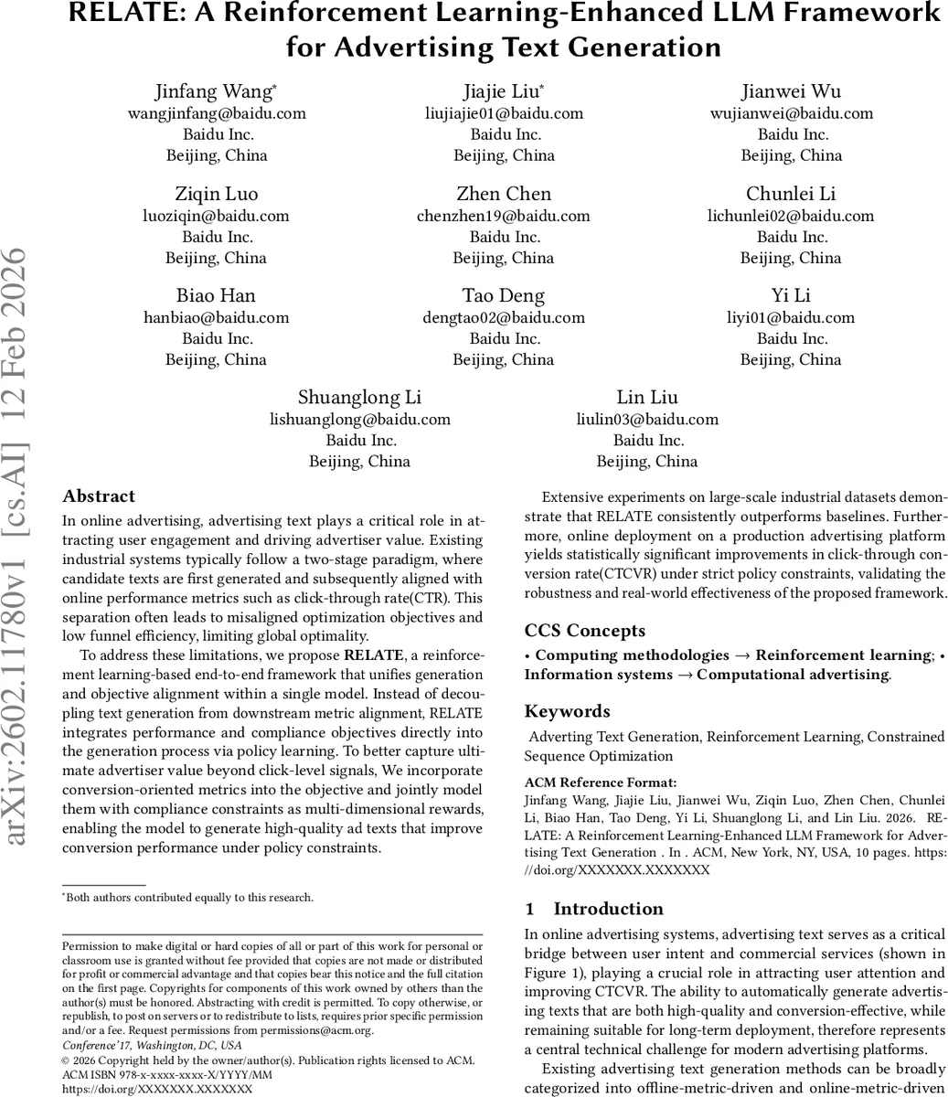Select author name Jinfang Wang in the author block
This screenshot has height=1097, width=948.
tap(216, 91)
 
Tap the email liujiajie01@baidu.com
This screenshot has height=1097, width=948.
tap(504, 113)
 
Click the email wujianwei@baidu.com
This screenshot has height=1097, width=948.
tap(792, 113)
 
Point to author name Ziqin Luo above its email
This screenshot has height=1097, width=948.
tap(217, 194)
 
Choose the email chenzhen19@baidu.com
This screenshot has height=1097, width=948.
tap(504, 216)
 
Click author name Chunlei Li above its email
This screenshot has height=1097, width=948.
tap(791, 194)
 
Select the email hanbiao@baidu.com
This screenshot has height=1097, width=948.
tap(217, 317)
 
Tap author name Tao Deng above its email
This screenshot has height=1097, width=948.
tap(504, 295)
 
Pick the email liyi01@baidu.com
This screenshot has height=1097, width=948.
tap(791, 317)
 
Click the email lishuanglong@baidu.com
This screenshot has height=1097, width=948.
tap(360, 420)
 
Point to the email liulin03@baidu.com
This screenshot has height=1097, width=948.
tap(647, 420)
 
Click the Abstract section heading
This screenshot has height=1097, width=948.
tap(99, 496)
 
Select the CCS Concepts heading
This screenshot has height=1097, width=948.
tap(585, 631)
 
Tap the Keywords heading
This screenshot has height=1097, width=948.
tap(567, 711)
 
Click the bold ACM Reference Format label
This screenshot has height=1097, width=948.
tap(601, 783)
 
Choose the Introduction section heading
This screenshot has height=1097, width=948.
tap(608, 909)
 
